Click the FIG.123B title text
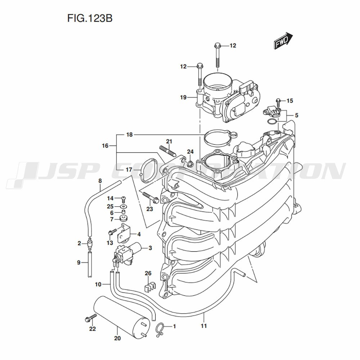(90, 18)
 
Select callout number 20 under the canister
(117, 338)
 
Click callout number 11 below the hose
(204, 326)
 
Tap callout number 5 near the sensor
(296, 116)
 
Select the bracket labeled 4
(124, 233)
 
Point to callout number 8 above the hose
(100, 181)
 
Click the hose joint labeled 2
(89, 244)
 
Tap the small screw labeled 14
(123, 198)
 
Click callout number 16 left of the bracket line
(105, 146)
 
